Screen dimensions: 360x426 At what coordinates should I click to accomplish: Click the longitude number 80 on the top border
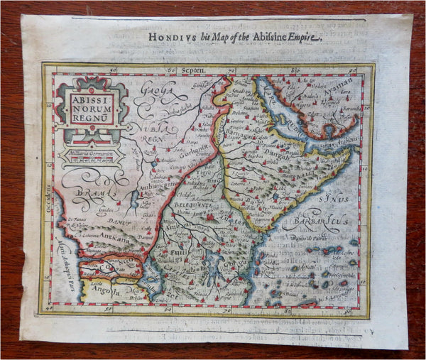[295, 72]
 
